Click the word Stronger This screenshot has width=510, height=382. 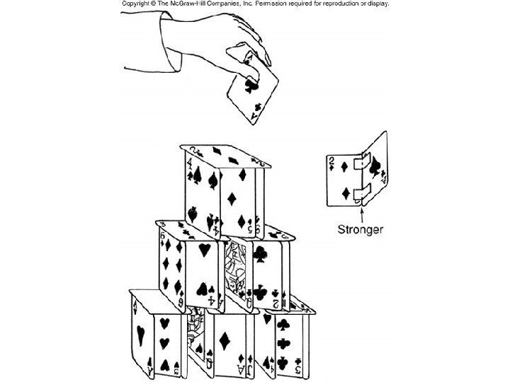coord(360,229)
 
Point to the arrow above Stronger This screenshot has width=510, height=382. coord(361,212)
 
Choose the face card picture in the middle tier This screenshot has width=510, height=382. coord(235,272)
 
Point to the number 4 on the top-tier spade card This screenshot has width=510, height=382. coord(191,168)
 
